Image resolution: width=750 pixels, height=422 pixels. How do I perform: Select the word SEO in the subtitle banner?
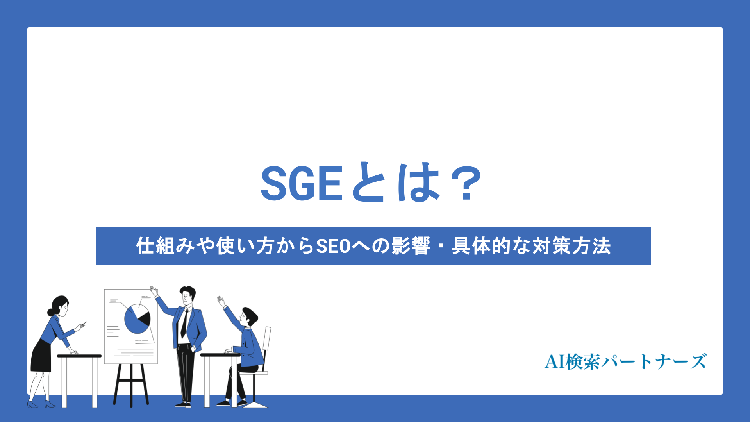point(333,246)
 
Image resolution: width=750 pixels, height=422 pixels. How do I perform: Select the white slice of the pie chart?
point(137,311)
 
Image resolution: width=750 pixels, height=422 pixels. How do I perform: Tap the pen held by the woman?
point(83,324)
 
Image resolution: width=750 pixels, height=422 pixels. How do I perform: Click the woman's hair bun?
point(50,312)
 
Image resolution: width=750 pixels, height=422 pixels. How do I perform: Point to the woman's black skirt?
point(41,358)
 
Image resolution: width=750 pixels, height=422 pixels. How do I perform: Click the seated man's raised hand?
point(221,301)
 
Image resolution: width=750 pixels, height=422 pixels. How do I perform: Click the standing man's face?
point(187,298)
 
